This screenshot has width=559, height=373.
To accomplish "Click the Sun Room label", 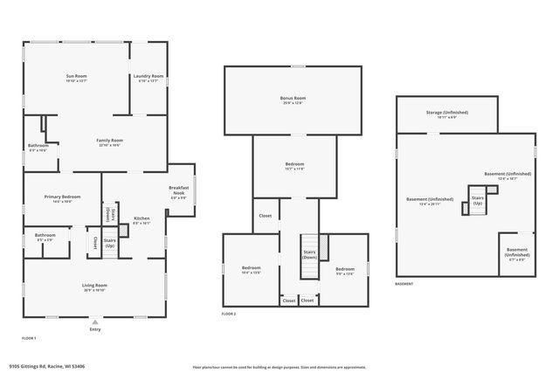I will pyautogui.click(x=76, y=77).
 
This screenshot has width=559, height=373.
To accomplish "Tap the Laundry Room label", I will pyautogui.click(x=148, y=77).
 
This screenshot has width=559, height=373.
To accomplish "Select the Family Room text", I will pyautogui.click(x=109, y=141).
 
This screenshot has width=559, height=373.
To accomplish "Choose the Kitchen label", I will pyautogui.click(x=141, y=218).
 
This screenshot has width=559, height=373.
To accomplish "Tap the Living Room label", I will pyautogui.click(x=94, y=286).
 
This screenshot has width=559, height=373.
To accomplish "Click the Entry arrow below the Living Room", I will pyautogui.click(x=94, y=321).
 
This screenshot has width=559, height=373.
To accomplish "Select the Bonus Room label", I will pyautogui.click(x=293, y=99).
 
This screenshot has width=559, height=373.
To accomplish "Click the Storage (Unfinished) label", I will pyautogui.click(x=446, y=113).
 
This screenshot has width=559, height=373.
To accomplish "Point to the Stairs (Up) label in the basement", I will pyautogui.click(x=478, y=199).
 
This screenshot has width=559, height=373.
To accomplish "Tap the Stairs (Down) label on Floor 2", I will pyautogui.click(x=309, y=254).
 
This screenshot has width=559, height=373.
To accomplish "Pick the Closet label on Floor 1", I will pyautogui.click(x=94, y=244).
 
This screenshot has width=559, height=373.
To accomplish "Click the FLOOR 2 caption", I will pyautogui.click(x=229, y=313).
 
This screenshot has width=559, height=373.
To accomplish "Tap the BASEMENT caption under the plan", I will pyautogui.click(x=404, y=284).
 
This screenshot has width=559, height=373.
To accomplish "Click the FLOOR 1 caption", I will pyautogui.click(x=29, y=337).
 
